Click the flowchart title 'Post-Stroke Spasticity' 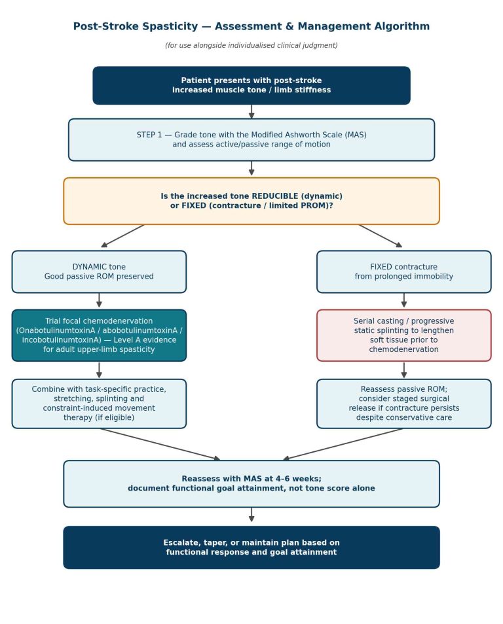tap(136, 26)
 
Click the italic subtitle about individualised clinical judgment tap(251, 45)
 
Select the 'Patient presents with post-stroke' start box tap(251, 86)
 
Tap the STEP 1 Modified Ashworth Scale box tap(251, 140)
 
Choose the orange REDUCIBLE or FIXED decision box tap(251, 201)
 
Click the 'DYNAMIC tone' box tap(99, 272)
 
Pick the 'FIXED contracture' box tap(403, 272)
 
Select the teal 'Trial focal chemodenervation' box tap(99, 336)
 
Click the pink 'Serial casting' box tap(403, 336)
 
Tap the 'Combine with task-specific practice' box tap(99, 404)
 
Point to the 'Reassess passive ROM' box tap(403, 404)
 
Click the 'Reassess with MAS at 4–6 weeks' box tap(251, 484)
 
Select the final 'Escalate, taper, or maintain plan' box tap(251, 547)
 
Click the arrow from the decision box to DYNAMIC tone tap(122, 236)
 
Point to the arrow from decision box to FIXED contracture tap(381, 236)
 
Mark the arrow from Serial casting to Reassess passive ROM tap(403, 370)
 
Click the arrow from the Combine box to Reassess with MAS tap(160, 444)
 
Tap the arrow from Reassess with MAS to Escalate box tap(251, 515)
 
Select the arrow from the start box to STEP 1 tap(251, 111)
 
